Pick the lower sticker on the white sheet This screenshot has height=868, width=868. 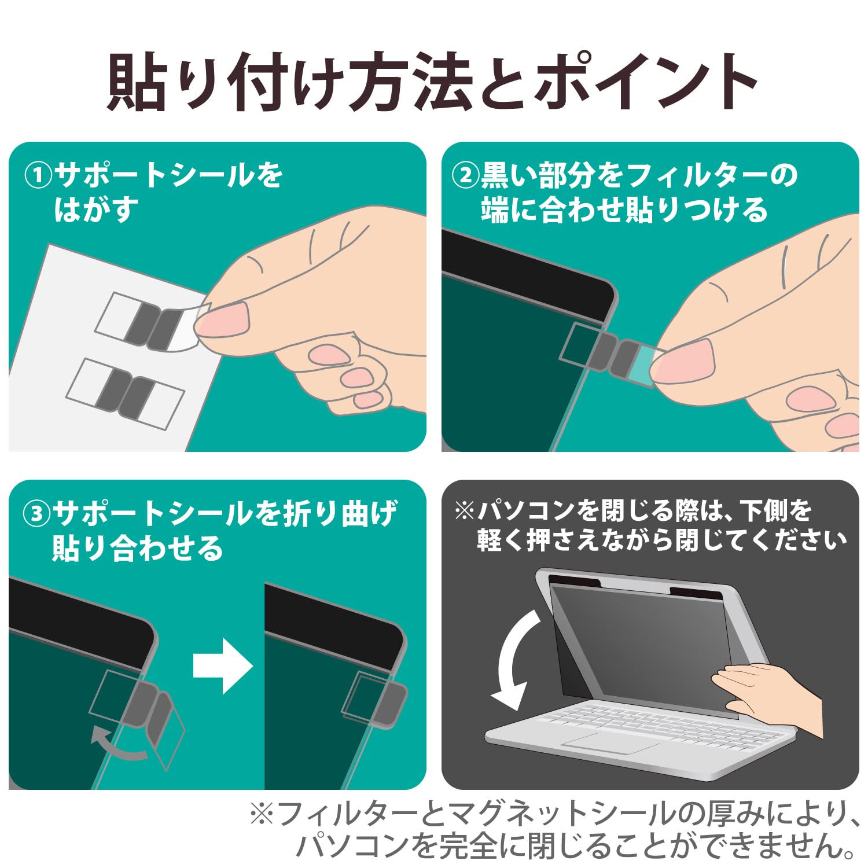point(125,394)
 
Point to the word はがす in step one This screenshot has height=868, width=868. point(97,209)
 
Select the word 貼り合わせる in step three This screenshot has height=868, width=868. point(137,547)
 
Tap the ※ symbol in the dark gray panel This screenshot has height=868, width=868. point(464,510)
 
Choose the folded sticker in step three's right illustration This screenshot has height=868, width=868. point(375,699)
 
